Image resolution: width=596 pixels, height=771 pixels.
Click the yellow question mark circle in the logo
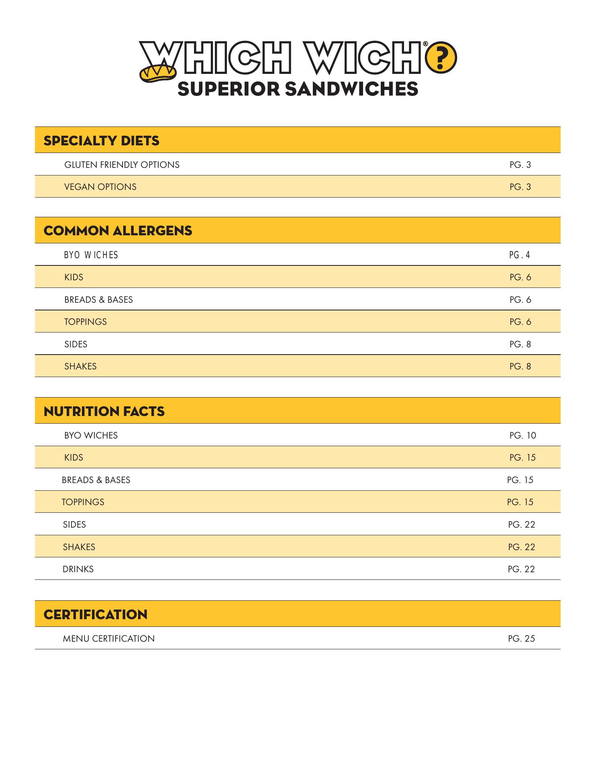(441, 58)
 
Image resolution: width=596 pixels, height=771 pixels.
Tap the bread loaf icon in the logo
(157, 73)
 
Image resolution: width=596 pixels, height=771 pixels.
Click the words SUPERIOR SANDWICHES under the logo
(298, 89)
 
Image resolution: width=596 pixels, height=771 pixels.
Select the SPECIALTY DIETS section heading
(101, 141)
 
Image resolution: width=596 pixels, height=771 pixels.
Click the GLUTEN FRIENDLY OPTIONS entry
(122, 165)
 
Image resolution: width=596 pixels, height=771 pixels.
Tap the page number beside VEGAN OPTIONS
(520, 187)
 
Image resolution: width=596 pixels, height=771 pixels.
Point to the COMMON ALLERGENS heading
(118, 230)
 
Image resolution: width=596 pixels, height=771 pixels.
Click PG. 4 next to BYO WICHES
(520, 255)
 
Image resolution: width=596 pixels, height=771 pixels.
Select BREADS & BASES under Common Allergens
(98, 300)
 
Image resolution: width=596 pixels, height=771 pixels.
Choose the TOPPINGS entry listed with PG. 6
(86, 322)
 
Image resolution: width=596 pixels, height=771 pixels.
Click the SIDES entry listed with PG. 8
(76, 344)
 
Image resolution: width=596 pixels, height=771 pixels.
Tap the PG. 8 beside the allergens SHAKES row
(520, 366)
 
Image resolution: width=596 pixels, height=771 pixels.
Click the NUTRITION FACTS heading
(104, 411)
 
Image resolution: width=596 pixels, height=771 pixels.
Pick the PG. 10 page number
(523, 435)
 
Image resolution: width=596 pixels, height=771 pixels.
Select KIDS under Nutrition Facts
(73, 457)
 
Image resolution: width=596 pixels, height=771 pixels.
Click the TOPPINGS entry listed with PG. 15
(83, 502)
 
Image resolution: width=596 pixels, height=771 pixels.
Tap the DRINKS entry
(78, 569)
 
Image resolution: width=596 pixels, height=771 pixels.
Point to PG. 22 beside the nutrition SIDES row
(521, 524)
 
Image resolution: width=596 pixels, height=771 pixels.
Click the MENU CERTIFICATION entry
(108, 638)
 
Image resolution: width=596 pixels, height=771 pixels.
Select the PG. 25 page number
(521, 638)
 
